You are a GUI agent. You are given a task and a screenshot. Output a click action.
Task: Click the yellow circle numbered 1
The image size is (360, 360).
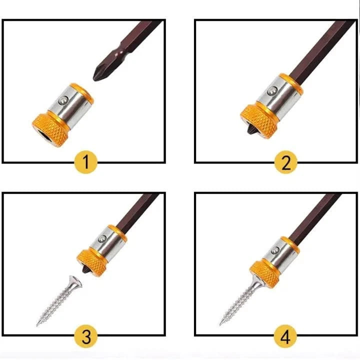[86, 162]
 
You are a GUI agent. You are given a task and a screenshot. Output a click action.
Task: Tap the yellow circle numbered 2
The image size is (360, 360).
[286, 162]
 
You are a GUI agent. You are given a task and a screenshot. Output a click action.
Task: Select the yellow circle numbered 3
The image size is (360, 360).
[86, 336]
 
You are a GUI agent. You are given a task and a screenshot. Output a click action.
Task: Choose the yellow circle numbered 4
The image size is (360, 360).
[285, 336]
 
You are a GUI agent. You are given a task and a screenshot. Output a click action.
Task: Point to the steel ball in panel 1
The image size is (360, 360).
[62, 101]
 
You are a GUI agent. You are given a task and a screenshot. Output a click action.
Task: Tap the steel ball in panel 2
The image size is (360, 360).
[272, 91]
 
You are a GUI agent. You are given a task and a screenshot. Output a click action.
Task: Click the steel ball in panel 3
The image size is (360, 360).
[102, 239]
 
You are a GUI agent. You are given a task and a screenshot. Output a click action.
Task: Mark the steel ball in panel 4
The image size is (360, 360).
[274, 250]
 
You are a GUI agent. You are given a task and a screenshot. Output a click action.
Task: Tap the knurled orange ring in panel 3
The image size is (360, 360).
[92, 262]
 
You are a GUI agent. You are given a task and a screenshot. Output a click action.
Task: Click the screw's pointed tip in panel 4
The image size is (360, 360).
[220, 324]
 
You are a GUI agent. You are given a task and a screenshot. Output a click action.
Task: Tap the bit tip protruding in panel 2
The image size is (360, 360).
[250, 130]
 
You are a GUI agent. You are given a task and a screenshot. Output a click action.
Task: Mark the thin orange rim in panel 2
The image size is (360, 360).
[291, 84]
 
